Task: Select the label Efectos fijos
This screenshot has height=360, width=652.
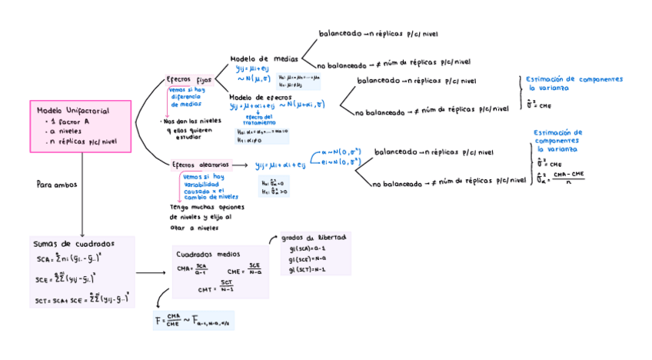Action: click(188, 80)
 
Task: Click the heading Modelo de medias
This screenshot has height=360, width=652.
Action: click(264, 59)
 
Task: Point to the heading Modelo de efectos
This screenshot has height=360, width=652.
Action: click(261, 98)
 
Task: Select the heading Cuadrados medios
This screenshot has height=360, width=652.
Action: click(208, 254)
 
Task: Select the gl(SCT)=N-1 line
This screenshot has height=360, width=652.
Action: click(308, 269)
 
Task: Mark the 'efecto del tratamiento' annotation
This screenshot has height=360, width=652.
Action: click(258, 119)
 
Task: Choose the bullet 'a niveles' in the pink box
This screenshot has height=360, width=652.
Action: click(68, 132)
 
